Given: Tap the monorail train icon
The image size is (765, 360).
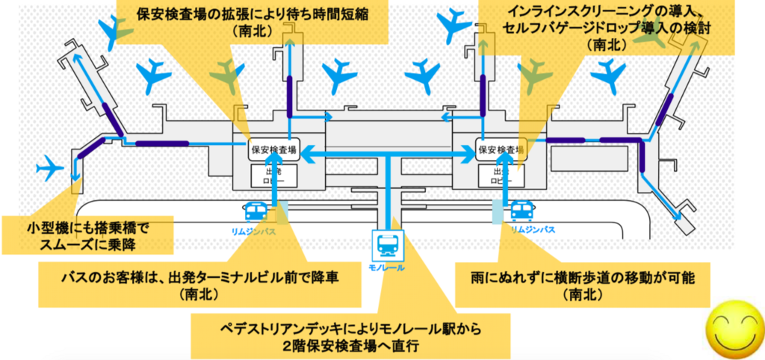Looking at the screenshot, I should [x=388, y=243].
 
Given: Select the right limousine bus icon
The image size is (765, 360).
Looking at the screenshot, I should [x=521, y=211].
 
